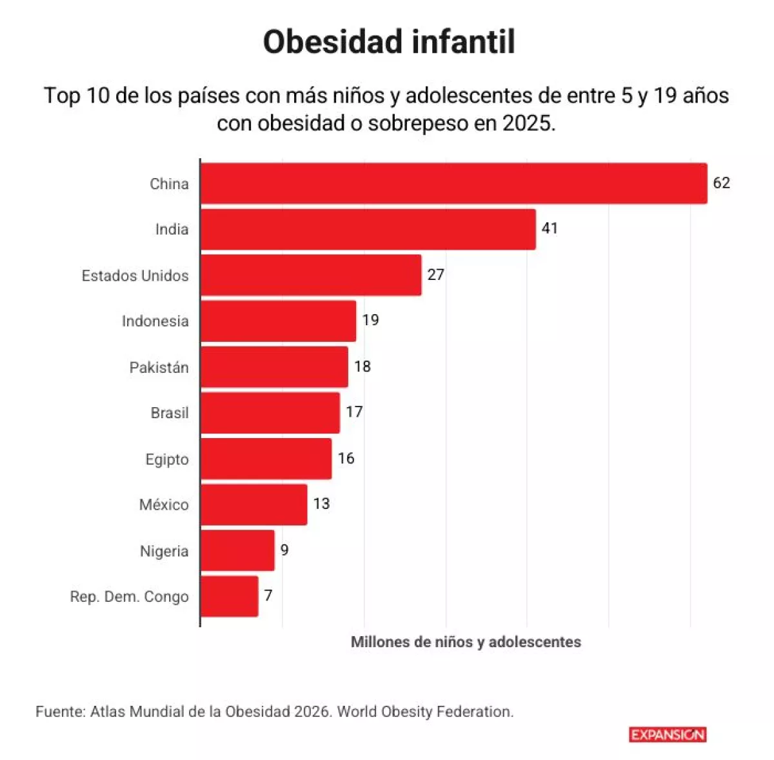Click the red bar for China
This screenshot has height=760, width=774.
[453, 183]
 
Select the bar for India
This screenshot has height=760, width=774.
[368, 229]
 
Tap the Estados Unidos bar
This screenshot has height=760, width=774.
[310, 275]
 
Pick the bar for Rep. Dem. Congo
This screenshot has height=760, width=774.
[229, 596]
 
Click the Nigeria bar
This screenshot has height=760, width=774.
[237, 550]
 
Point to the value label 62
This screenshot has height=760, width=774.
[721, 183]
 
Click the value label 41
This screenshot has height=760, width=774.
[550, 228]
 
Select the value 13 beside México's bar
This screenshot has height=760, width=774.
[321, 504]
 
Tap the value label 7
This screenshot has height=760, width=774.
[268, 595]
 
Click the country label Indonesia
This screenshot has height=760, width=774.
[155, 321]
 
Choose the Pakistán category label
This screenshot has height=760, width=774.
[159, 368]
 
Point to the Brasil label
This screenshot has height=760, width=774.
[170, 413]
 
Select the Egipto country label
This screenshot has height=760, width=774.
[167, 459]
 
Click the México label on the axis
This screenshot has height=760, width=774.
[164, 505]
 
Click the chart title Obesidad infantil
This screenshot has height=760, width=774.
[388, 42]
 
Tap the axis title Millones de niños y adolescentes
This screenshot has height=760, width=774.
[466, 642]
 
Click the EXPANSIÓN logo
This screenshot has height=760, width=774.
[668, 734]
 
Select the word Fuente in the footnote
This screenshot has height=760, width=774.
[60, 712]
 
